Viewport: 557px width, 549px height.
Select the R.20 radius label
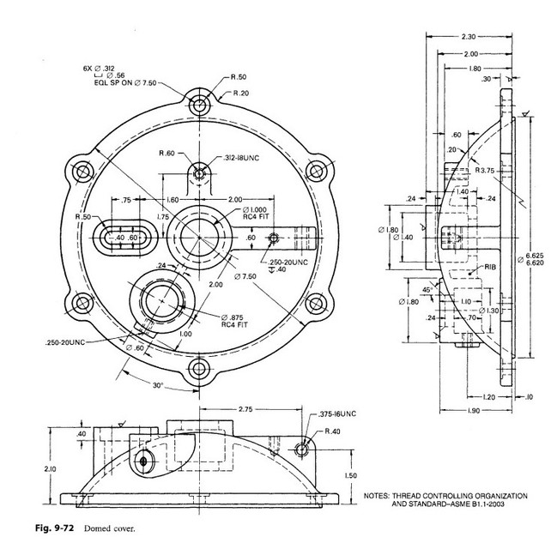(x=240, y=92)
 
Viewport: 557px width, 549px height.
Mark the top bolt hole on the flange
(x=201, y=106)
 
